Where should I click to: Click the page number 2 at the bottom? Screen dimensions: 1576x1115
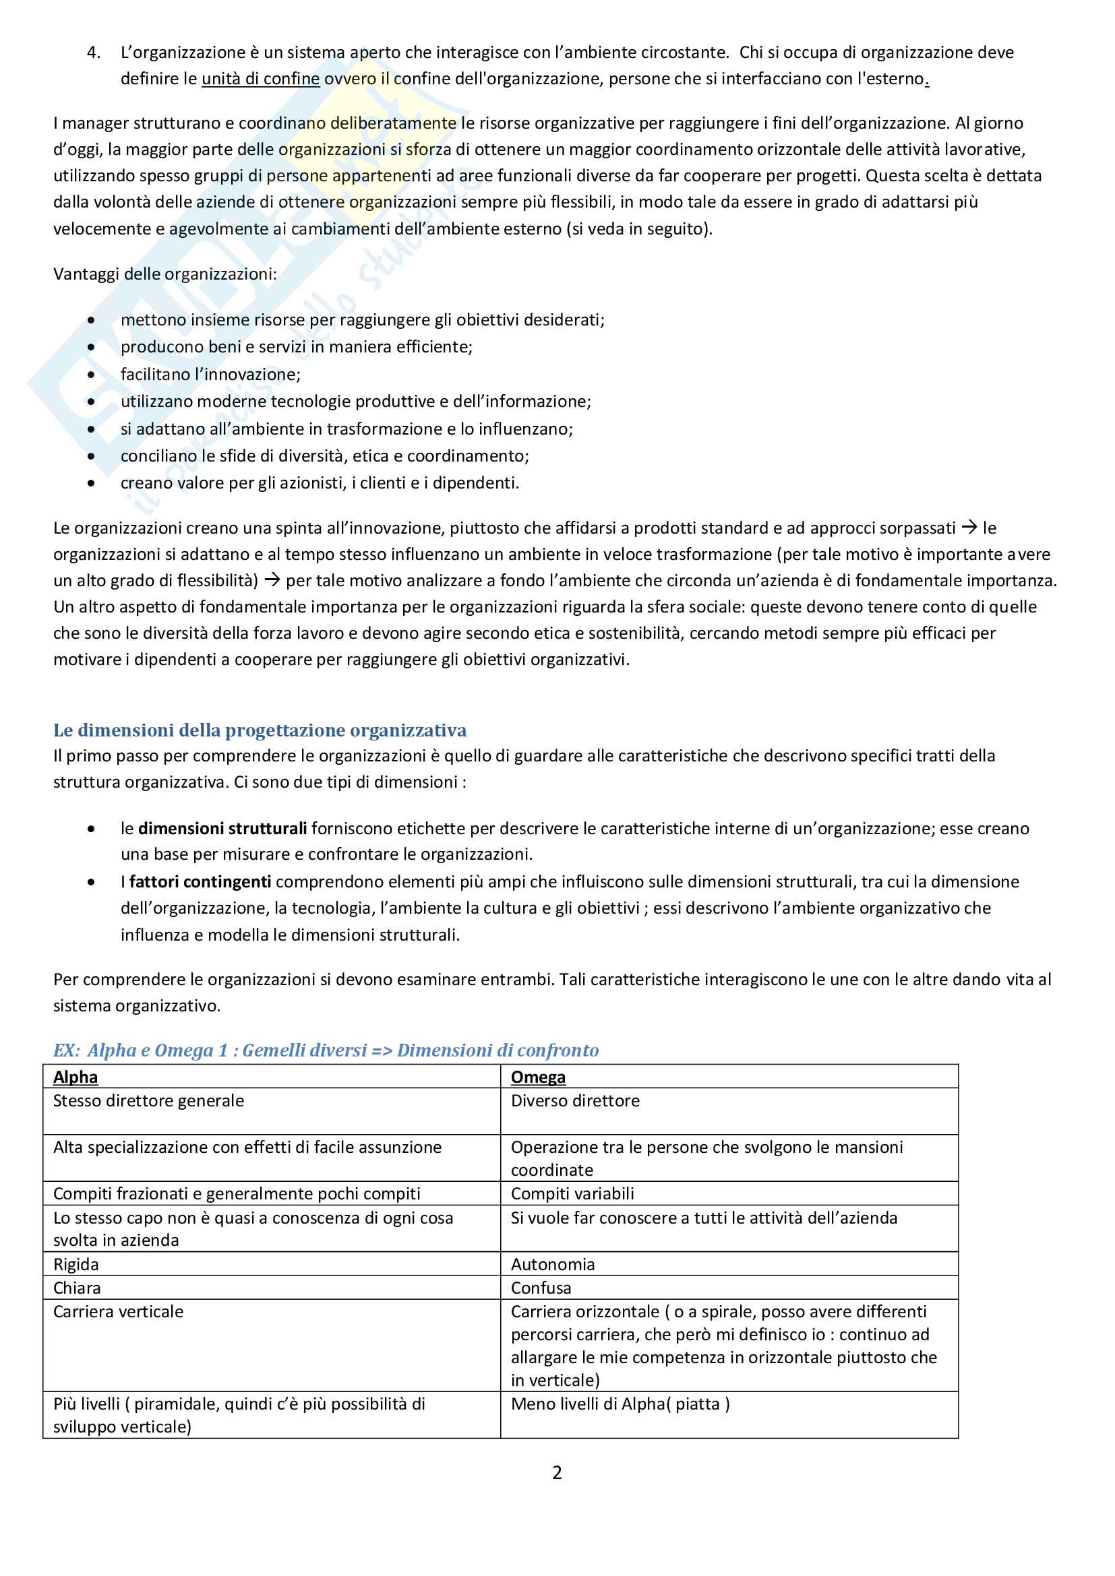pyautogui.click(x=557, y=1472)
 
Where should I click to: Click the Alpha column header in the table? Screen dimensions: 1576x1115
pyautogui.click(x=76, y=1077)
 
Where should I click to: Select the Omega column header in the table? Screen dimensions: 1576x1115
pyautogui.click(x=537, y=1077)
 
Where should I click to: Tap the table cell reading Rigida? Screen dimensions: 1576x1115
pyautogui.click(x=76, y=1263)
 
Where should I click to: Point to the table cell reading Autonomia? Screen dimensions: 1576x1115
pyautogui.click(x=553, y=1263)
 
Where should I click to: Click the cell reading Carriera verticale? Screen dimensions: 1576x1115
pyautogui.click(x=119, y=1312)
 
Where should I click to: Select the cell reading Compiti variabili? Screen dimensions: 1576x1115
pyautogui.click(x=572, y=1194)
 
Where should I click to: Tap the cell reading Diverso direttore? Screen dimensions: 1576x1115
pyautogui.click(x=574, y=1101)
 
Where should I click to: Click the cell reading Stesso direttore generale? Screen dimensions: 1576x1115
pyautogui.click(x=148, y=1101)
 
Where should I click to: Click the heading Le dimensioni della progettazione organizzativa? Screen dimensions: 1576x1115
pyautogui.click(x=260, y=730)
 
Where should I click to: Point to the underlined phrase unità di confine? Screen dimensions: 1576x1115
pyautogui.click(x=260, y=79)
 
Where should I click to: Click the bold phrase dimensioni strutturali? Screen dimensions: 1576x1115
pyautogui.click(x=222, y=829)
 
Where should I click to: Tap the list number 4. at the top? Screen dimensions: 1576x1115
pyautogui.click(x=94, y=53)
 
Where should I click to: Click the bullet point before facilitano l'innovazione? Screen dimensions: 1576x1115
pyautogui.click(x=91, y=375)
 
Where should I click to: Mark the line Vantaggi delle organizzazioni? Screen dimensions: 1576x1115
pyautogui.click(x=164, y=274)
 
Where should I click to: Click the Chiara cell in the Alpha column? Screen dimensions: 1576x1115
pyautogui.click(x=77, y=1288)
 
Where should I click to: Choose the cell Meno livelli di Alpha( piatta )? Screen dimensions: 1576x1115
pyautogui.click(x=620, y=1404)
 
